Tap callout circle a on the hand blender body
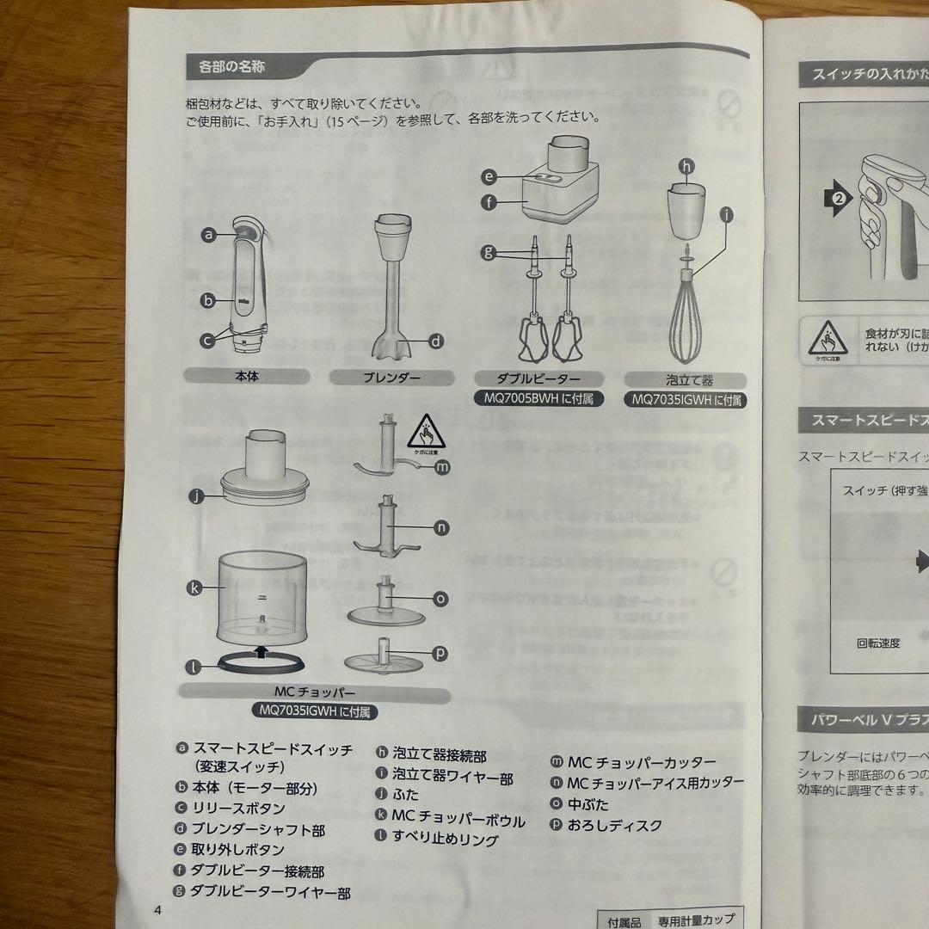tap(208, 233)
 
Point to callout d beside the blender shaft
tap(436, 341)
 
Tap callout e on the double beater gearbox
tap(489, 176)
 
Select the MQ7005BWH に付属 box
tap(539, 398)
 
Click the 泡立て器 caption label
tap(685, 379)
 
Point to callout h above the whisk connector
tap(686, 166)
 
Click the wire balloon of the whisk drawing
tap(689, 323)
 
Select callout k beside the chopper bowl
tap(194, 588)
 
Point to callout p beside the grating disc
tap(440, 653)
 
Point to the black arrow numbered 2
tap(839, 198)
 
